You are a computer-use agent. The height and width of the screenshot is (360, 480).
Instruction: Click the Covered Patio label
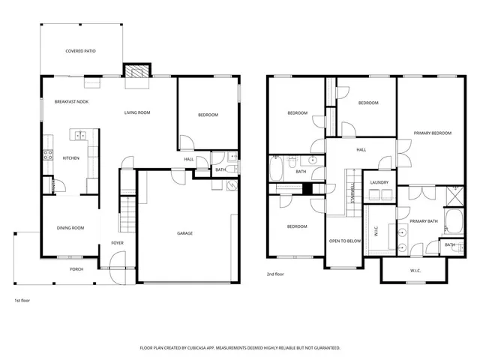[x=80, y=51]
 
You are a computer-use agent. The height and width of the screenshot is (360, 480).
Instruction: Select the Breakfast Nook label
[x=71, y=101]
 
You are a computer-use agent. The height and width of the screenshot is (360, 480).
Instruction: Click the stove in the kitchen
[x=48, y=156]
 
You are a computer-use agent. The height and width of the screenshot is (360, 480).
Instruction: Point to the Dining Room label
[x=70, y=228]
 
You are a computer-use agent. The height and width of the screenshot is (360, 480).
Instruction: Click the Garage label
[x=184, y=233]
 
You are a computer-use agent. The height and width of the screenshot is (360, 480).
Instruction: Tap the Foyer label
[x=118, y=243]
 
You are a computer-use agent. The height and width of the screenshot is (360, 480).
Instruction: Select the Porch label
[x=76, y=268]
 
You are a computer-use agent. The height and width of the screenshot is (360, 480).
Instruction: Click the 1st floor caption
[x=22, y=300]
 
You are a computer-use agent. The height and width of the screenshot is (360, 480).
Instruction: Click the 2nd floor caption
[x=275, y=274]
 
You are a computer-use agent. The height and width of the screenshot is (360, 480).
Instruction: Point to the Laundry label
[x=379, y=181]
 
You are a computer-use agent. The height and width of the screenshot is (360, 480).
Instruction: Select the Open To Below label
[x=345, y=241]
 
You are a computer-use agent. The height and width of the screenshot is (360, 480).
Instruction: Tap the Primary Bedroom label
[x=433, y=133]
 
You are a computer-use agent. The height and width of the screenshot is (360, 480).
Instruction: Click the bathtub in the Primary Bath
[x=454, y=220]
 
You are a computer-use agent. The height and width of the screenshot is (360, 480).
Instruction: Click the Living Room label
[x=137, y=112]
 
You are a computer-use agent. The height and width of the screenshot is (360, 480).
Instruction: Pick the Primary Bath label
[x=423, y=221]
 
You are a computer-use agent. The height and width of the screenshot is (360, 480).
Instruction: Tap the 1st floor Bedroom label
[x=208, y=115]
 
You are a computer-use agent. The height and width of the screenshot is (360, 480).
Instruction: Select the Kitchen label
[x=70, y=158]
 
